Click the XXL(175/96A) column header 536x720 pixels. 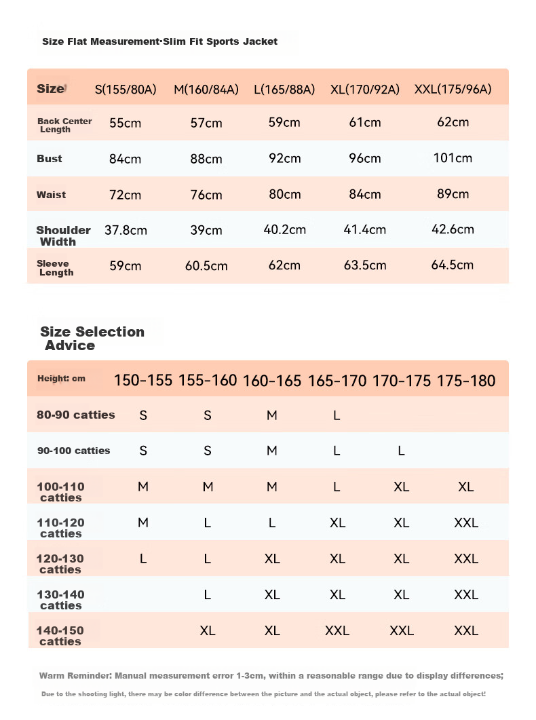tap(453, 89)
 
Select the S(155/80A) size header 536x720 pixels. tap(126, 89)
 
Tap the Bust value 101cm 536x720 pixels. tap(453, 158)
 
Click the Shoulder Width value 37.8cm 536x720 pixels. tap(126, 230)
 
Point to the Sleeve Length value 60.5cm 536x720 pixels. tap(206, 266)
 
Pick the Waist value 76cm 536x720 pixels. tap(206, 195)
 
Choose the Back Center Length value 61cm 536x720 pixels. tap(365, 123)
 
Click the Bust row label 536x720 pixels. tap(49, 159)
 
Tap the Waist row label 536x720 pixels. tap(51, 195)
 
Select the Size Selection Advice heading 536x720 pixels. tap(92, 339)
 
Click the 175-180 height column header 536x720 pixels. tap(466, 381)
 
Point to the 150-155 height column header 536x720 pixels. tap(143, 381)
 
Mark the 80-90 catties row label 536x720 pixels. tap(76, 415)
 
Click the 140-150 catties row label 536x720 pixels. tap(60, 636)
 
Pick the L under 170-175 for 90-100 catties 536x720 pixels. tap(401, 451)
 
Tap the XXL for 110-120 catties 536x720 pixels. tap(466, 523)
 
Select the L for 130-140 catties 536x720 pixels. tap(208, 594)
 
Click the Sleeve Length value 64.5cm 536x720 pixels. tap(452, 265)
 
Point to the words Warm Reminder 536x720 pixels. tap(75, 675)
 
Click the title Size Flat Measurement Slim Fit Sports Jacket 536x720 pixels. tap(159, 41)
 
